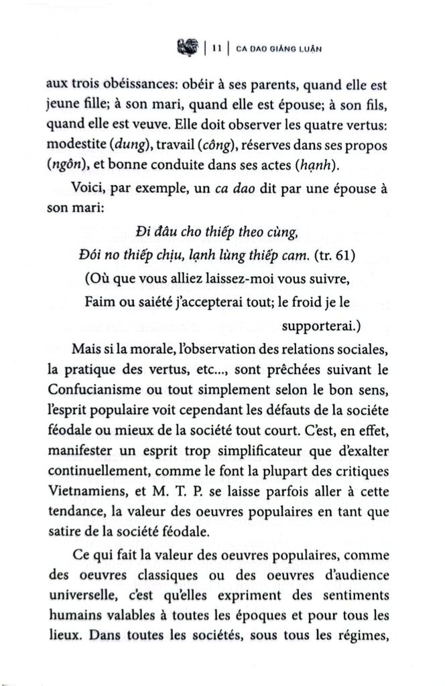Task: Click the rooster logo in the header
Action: click(x=188, y=47)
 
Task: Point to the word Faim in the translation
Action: click(x=100, y=302)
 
